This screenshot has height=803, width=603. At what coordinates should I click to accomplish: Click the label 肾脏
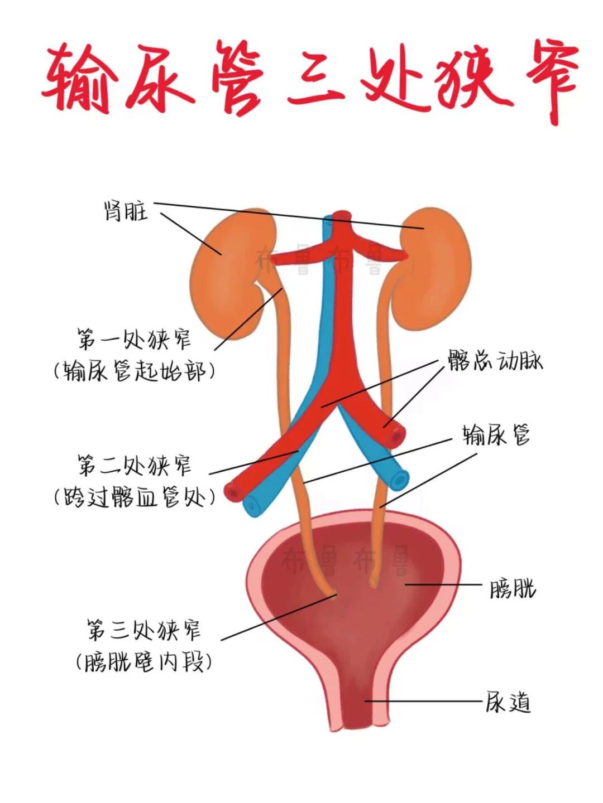126,211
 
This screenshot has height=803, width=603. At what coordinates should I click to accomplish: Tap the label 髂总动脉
495,362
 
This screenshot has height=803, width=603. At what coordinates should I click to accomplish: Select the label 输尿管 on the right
496,434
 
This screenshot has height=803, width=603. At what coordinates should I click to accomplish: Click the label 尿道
507,703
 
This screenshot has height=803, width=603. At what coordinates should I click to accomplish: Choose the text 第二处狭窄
134,466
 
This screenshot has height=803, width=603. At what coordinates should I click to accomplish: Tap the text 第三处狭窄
143,630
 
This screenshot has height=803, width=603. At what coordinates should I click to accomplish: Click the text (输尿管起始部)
134,371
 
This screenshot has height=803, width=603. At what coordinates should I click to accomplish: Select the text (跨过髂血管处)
134,497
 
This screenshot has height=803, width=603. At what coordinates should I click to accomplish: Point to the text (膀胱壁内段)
143,662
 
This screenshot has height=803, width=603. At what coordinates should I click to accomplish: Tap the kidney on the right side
433,273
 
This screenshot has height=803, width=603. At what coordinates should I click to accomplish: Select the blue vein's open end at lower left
253,505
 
